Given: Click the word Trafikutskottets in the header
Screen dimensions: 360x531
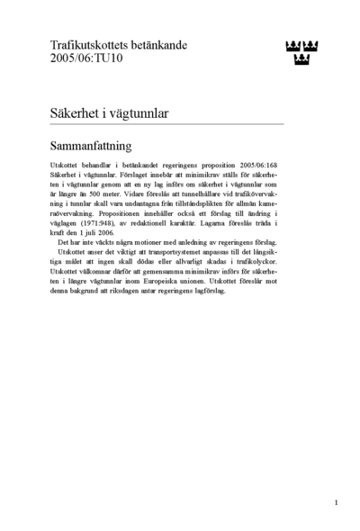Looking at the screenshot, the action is point(85,45).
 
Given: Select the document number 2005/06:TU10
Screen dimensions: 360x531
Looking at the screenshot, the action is point(85,58).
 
